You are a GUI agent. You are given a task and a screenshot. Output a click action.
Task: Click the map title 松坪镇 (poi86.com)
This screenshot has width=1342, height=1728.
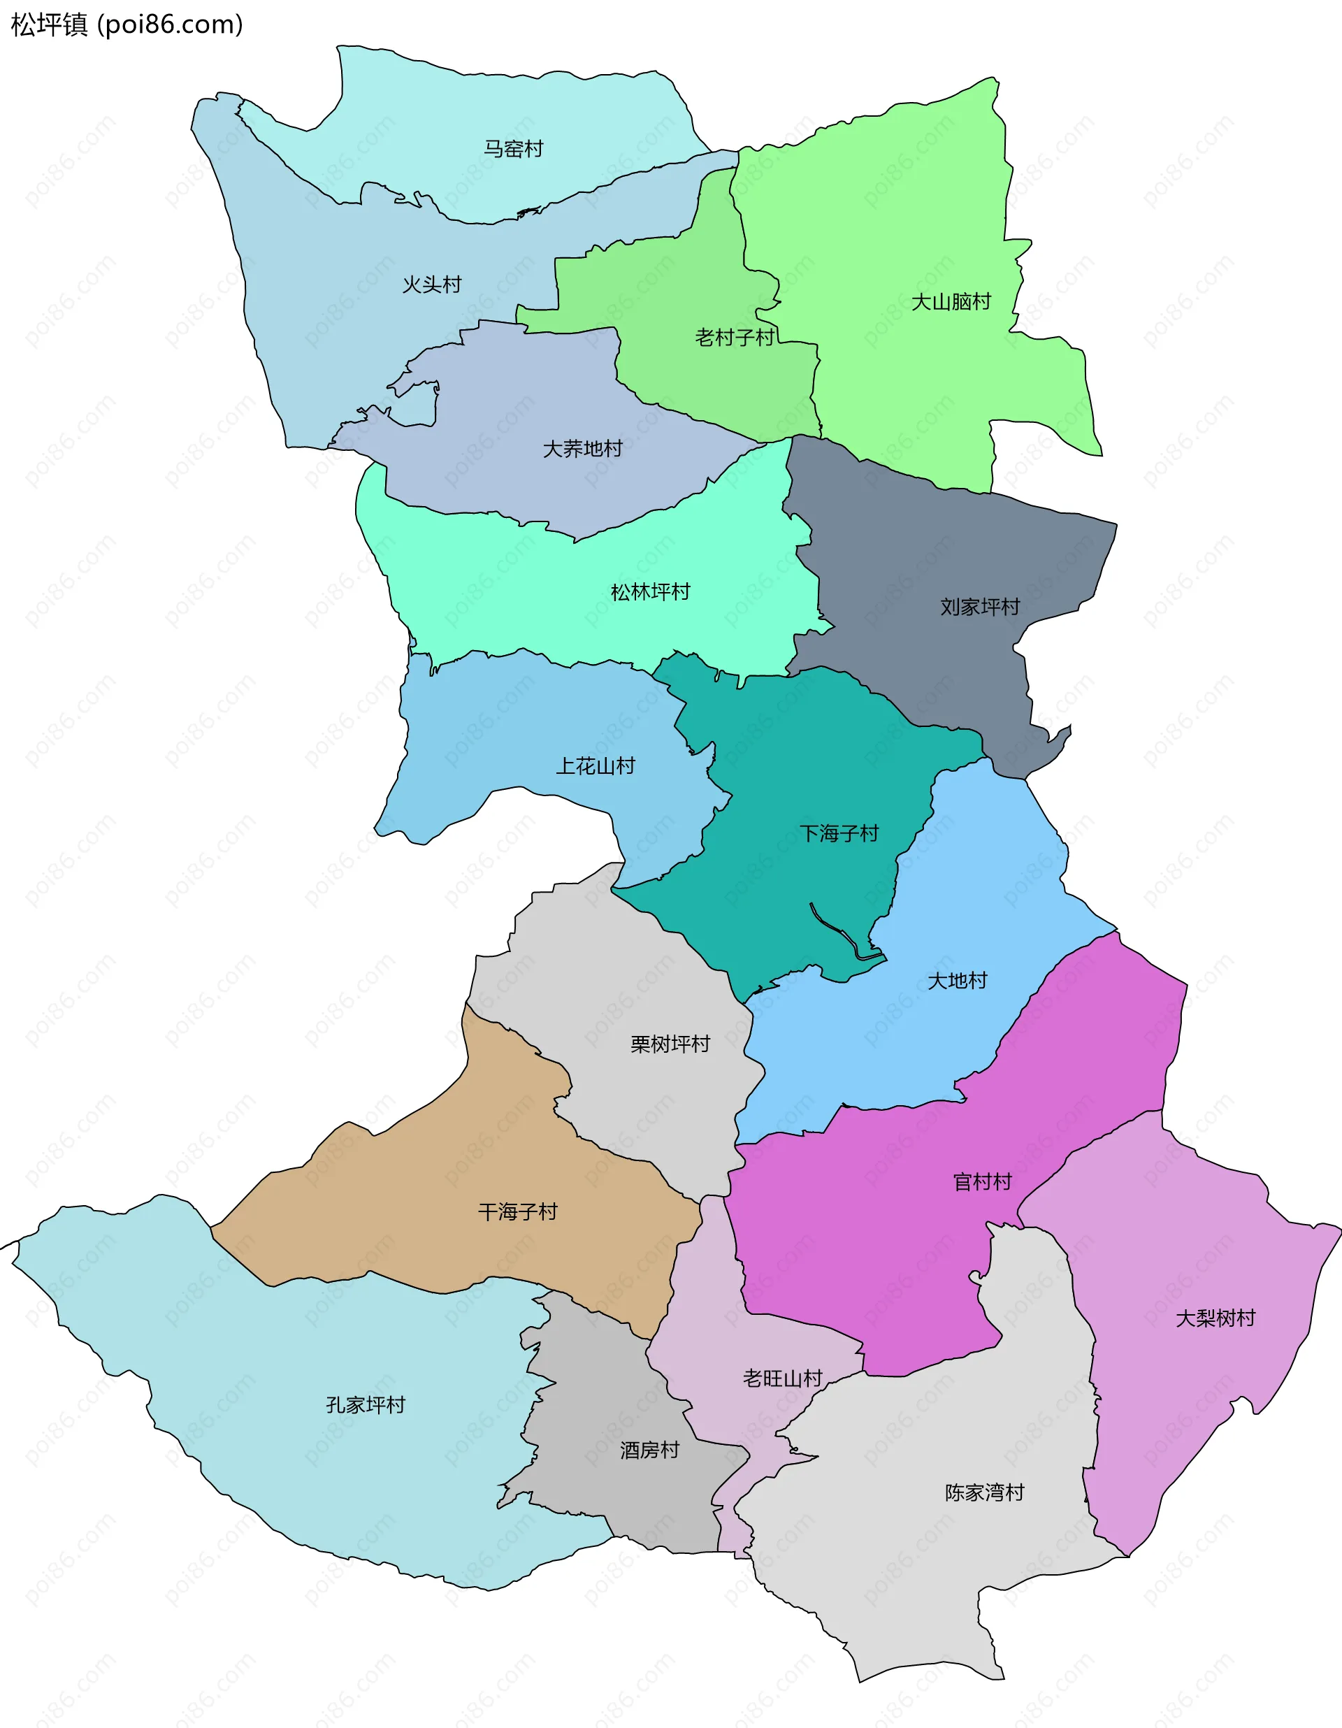(x=127, y=24)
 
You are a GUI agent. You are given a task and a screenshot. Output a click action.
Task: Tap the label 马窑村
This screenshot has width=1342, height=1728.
(x=513, y=149)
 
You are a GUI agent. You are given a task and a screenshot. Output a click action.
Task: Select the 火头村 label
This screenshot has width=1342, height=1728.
(x=431, y=285)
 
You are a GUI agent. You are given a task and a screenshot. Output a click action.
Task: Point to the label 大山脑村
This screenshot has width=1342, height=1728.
(x=951, y=301)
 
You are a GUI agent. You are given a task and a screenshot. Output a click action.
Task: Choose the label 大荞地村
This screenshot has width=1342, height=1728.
(x=582, y=449)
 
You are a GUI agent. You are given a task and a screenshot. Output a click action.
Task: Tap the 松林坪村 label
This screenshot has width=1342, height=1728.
(x=649, y=592)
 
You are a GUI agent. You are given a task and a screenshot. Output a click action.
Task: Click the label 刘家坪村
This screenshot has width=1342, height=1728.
(x=980, y=607)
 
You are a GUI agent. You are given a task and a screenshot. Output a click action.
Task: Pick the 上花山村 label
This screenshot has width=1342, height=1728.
(x=595, y=766)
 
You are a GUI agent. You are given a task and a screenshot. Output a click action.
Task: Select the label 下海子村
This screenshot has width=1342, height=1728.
(x=839, y=833)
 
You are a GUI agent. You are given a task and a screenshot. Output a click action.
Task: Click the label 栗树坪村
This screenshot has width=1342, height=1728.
(x=670, y=1044)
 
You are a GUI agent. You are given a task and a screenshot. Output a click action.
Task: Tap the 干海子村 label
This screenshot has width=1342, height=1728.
(x=517, y=1212)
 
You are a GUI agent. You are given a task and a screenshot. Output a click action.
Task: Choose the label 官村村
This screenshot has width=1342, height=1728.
(x=982, y=1182)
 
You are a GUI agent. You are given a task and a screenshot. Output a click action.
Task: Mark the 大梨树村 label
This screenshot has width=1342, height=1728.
(x=1215, y=1318)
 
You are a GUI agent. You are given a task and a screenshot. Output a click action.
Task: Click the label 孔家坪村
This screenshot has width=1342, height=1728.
(x=366, y=1405)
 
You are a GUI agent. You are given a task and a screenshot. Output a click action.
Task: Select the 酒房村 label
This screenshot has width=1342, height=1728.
(x=649, y=1450)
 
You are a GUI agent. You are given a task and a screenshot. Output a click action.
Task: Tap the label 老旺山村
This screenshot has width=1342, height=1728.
(x=781, y=1378)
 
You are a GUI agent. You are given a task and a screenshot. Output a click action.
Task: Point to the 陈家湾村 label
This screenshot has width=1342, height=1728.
(x=984, y=1492)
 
